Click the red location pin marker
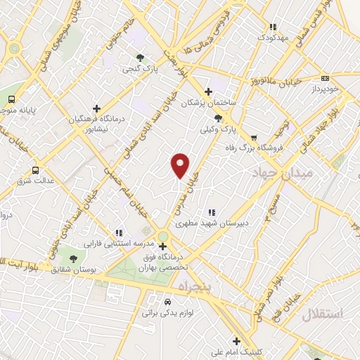tap(181, 165)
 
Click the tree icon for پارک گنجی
tap(141, 58)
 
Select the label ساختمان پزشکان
tap(207, 103)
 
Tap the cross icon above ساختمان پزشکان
tap(208, 91)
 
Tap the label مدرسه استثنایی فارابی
tap(118, 243)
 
